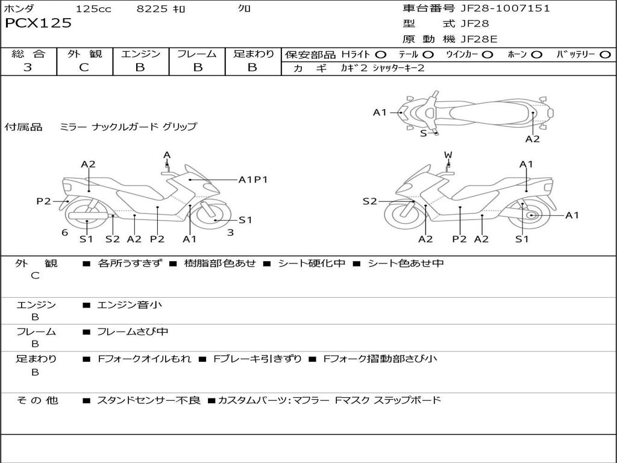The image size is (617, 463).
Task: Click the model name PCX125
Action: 39,24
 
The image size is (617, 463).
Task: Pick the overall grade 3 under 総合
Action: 28,68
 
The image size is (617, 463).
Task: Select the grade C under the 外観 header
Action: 84,68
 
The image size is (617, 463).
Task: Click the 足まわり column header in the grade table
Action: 253,54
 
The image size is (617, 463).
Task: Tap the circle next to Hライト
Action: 381,55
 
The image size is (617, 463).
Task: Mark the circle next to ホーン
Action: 536,55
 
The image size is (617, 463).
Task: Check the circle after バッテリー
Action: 605,55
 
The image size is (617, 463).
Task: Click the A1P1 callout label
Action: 253,179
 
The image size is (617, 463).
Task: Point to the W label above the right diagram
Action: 448,155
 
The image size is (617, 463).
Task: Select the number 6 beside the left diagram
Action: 64,233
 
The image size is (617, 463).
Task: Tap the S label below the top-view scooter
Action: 423,133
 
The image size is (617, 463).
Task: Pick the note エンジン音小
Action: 130,305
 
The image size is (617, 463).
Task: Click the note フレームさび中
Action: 133,332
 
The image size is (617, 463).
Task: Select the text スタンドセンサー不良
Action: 148,400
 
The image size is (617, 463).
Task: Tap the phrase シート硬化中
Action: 312,263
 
